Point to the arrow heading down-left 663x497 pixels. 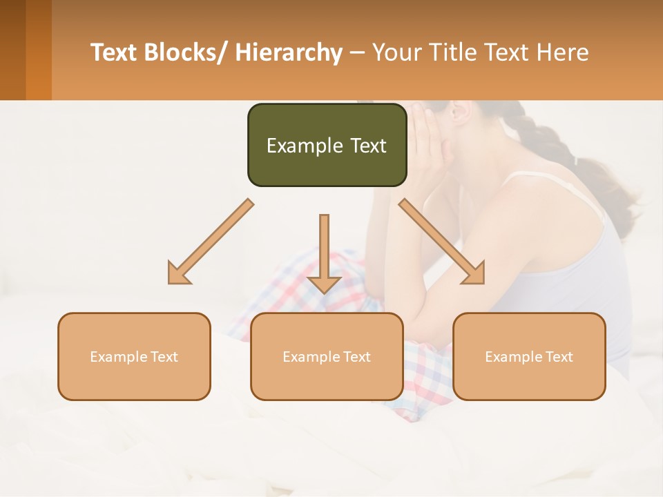[210, 242]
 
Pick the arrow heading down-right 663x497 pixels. [442, 242]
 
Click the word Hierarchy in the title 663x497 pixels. [289, 52]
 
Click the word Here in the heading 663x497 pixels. [561, 52]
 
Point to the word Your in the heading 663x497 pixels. [394, 52]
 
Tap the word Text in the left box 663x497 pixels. [164, 357]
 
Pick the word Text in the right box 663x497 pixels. [559, 357]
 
